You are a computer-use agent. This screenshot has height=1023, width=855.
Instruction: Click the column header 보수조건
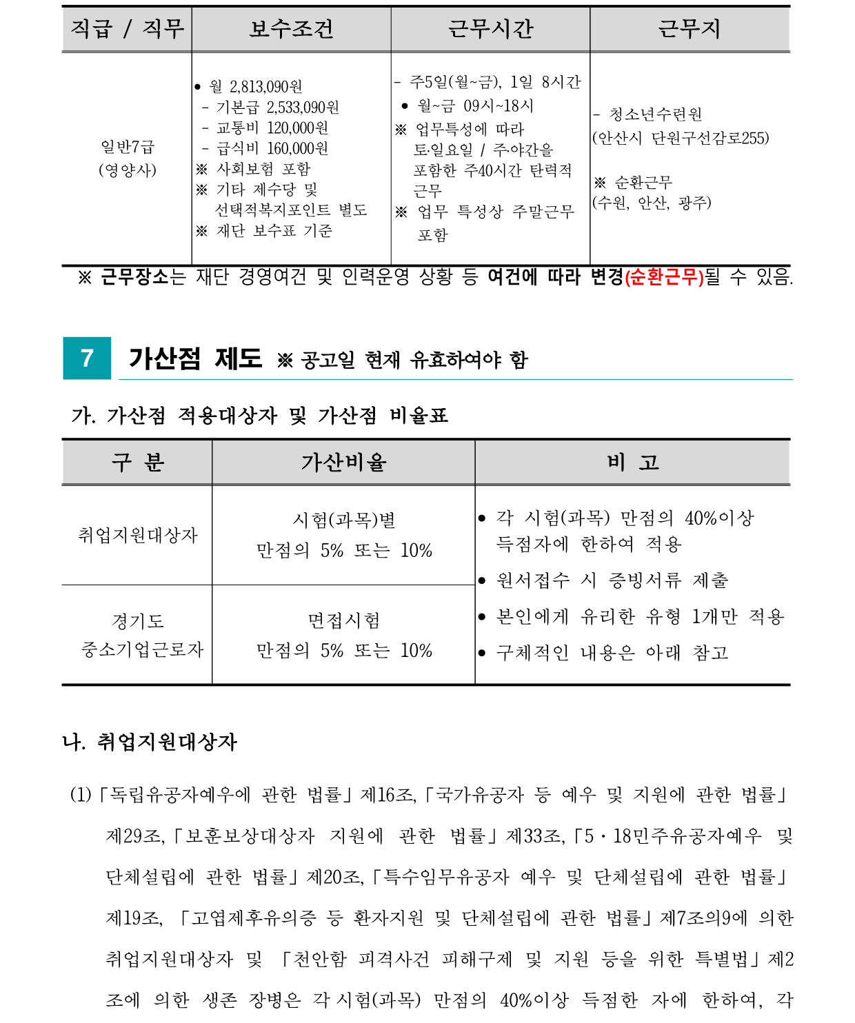tap(291, 29)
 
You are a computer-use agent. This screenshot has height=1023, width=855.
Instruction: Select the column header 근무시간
tap(490, 29)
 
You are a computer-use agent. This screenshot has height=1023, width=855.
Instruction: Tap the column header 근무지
tap(690, 29)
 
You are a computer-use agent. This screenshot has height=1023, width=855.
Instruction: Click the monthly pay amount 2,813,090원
tap(265, 87)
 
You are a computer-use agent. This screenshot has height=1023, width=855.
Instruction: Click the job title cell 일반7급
tap(128, 147)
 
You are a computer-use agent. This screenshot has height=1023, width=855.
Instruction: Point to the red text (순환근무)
tap(663, 277)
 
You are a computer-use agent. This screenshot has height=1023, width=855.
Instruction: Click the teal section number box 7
tap(87, 358)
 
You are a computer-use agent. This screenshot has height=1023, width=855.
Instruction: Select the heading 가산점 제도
tap(195, 358)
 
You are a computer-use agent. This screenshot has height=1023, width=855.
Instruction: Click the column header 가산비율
tap(343, 463)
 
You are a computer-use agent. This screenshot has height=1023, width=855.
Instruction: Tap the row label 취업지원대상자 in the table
tap(137, 535)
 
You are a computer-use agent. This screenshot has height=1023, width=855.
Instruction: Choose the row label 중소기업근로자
tap(142, 650)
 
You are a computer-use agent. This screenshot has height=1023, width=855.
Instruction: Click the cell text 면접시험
tap(343, 621)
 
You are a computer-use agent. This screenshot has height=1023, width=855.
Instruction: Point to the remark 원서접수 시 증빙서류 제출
tap(612, 580)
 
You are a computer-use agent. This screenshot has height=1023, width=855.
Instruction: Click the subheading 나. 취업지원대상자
tap(150, 742)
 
